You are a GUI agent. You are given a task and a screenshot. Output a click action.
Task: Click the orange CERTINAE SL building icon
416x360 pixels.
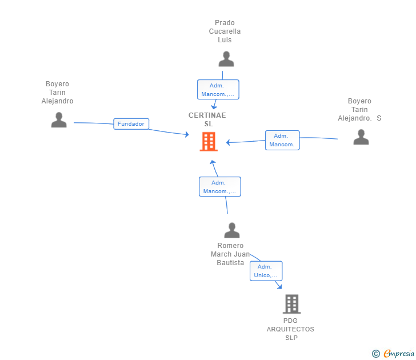coord(209,141)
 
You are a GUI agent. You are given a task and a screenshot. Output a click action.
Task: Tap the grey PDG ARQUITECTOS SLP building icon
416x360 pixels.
coord(292,304)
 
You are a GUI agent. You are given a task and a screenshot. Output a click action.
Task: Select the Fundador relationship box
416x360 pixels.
coord(131,124)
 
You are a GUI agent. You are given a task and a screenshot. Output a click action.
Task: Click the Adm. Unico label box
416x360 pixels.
coord(266,271)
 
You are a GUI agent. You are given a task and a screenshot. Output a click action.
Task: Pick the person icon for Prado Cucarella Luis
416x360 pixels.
coord(226,59)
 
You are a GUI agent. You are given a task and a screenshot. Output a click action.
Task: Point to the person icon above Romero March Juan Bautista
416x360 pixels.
coord(232,230)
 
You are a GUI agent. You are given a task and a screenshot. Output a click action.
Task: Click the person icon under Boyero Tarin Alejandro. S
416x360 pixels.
coord(361,137)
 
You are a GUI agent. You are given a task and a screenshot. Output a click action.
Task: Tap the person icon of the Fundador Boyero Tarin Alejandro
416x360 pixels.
coord(59,120)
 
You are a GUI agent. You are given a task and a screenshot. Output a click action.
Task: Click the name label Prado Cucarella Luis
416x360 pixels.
coord(225,31)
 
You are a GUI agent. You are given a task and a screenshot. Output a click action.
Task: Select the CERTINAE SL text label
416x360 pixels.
coord(207,119)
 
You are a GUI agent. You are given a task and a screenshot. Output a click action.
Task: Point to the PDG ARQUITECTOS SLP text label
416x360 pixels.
coord(290,329)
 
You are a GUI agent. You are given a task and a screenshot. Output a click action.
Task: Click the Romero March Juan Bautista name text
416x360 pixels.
coord(230,254)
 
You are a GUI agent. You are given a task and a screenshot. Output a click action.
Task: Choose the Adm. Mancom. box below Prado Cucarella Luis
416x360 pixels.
coord(218,90)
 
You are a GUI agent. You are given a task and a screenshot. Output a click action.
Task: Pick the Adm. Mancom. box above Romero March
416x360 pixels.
coord(220,187)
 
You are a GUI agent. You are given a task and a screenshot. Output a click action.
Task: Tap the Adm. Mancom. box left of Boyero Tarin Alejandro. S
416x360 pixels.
coord(282,141)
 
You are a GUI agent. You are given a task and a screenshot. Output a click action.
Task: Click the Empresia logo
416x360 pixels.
coord(399,353)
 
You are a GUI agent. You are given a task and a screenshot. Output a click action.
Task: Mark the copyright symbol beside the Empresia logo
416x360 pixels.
coord(376,354)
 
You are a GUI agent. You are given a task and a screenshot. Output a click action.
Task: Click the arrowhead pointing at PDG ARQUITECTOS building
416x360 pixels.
coord(279,286)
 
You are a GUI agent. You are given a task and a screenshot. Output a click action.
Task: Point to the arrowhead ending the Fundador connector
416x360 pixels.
coord(187,134)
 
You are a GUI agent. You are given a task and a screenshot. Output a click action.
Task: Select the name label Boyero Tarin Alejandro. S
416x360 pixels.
coord(359,110)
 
